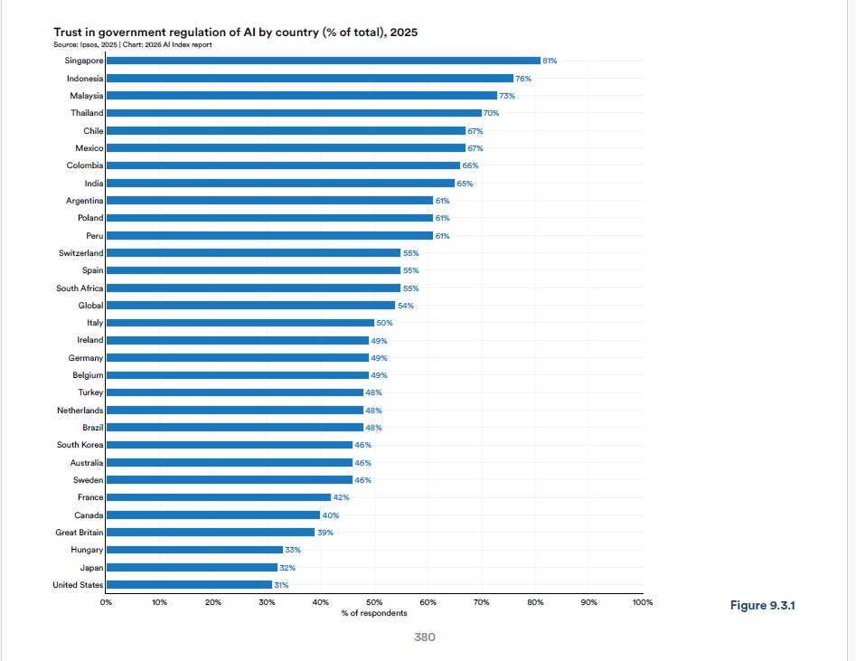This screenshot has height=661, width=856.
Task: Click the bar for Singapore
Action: pyautogui.click(x=323, y=61)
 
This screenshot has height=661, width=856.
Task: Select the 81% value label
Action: pyautogui.click(x=550, y=61)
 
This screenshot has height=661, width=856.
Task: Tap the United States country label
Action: pyautogui.click(x=78, y=585)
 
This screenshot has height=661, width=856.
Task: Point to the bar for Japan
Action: pyautogui.click(x=192, y=568)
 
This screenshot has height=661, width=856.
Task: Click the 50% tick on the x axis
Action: pyautogui.click(x=374, y=601)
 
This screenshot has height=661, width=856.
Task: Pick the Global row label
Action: pyautogui.click(x=90, y=306)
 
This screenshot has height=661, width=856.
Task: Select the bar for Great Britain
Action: pyautogui.click(x=210, y=533)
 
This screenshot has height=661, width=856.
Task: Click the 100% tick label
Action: pyautogui.click(x=642, y=601)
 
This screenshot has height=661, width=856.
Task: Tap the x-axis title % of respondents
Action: pyautogui.click(x=374, y=613)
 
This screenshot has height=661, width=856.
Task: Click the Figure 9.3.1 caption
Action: pyautogui.click(x=762, y=605)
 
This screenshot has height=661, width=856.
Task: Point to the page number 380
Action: pyautogui.click(x=425, y=637)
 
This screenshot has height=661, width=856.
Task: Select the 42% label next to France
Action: pyautogui.click(x=341, y=497)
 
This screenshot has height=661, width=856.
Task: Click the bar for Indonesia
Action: pyautogui.click(x=309, y=79)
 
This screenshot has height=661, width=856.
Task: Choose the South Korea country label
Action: pyautogui.click(x=80, y=445)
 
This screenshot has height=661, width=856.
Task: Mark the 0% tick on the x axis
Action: pyautogui.click(x=106, y=601)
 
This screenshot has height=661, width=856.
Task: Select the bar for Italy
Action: pyautogui.click(x=240, y=323)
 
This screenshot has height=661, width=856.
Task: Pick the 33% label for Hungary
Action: pyautogui.click(x=293, y=550)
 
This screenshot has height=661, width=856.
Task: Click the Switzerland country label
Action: pyautogui.click(x=80, y=253)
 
